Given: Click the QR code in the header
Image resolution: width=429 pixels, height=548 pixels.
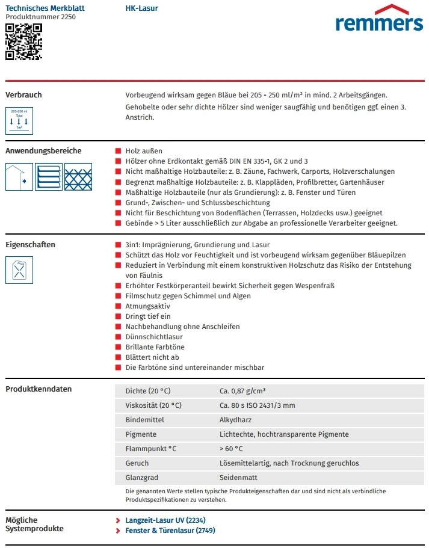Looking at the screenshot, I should [23, 42].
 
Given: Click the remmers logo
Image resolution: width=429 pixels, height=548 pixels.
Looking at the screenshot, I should [379, 19].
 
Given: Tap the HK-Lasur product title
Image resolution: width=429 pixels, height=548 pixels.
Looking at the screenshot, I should [141, 8].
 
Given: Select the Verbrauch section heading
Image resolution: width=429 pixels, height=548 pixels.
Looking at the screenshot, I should [23, 95].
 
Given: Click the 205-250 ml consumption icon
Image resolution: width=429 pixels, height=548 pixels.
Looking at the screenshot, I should [19, 120].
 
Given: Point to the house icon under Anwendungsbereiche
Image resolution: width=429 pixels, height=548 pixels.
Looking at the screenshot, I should [19, 177].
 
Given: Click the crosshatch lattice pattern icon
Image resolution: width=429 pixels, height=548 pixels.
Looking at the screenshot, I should [78, 177].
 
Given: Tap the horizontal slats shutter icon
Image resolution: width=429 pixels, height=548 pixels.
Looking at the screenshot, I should [48, 177].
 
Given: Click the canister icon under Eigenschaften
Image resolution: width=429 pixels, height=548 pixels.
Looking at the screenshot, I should [19, 270].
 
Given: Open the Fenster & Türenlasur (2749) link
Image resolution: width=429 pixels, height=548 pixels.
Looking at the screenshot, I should [170, 531].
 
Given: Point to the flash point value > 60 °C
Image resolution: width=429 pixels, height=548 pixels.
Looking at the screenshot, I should [231, 449].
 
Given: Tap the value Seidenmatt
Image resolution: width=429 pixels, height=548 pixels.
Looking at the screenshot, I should [238, 478].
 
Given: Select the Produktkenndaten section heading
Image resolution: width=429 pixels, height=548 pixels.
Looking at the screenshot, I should [39, 389].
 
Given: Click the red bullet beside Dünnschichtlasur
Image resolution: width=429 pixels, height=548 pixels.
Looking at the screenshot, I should [119, 337].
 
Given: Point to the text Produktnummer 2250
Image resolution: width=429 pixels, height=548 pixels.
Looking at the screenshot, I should [40, 17].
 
